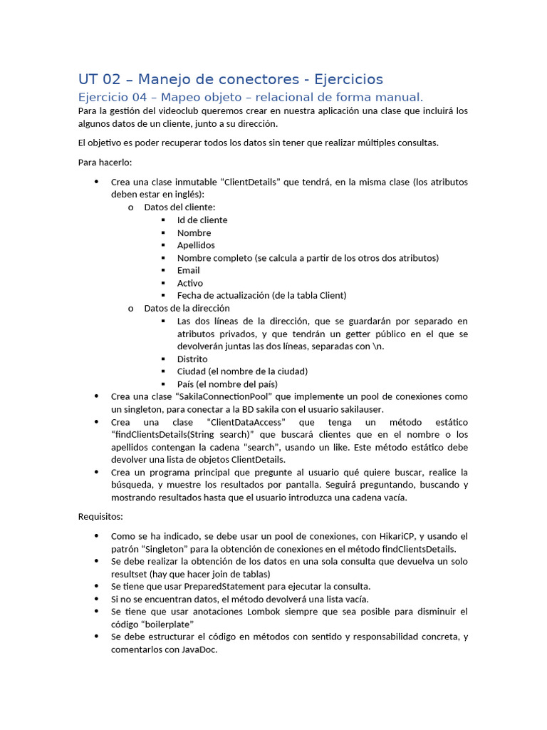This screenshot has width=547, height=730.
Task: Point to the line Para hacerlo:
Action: pyautogui.click(x=100, y=163)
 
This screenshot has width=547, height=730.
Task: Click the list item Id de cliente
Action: pyautogui.click(x=202, y=220)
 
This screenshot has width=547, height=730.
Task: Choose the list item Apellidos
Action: pyautogui.click(x=196, y=245)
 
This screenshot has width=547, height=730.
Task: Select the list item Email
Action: pyautogui.click(x=189, y=270)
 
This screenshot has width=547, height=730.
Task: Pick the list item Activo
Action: pyautogui.click(x=190, y=283)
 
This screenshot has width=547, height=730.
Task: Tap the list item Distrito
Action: pyautogui.click(x=192, y=359)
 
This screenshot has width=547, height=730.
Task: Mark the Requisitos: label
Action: pyautogui.click(x=100, y=516)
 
